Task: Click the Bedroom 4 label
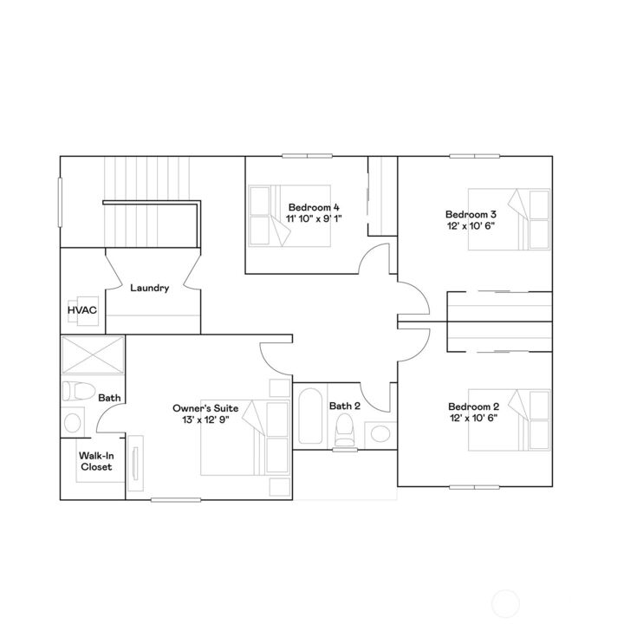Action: (x=314, y=207)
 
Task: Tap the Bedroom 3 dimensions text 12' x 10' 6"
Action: (x=471, y=226)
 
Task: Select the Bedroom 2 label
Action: (x=473, y=406)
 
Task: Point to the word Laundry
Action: (x=149, y=288)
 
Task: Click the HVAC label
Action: (x=81, y=309)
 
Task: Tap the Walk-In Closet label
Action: (x=96, y=461)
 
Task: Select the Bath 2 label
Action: (x=344, y=406)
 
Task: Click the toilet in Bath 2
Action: (x=346, y=429)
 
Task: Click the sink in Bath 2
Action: (x=379, y=432)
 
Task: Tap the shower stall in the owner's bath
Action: (x=92, y=355)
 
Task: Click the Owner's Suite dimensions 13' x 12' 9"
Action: (x=205, y=419)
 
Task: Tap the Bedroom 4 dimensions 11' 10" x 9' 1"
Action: (x=314, y=219)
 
